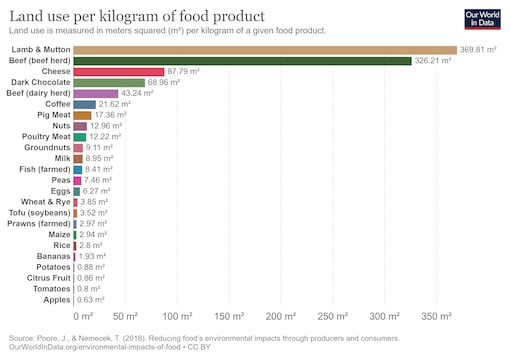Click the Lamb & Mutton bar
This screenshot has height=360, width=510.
click(x=264, y=49)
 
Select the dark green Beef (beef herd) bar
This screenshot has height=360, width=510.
click(x=242, y=60)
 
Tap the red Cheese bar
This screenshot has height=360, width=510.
click(x=118, y=71)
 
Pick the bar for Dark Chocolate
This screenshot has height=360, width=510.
click(x=109, y=82)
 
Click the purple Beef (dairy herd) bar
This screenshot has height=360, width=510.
click(x=95, y=93)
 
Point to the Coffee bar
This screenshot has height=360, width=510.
click(x=84, y=104)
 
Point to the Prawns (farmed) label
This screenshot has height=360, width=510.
click(x=38, y=223)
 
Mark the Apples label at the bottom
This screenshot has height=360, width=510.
click(x=54, y=299)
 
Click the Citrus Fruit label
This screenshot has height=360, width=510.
click(x=45, y=277)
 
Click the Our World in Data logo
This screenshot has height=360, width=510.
click(x=485, y=18)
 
